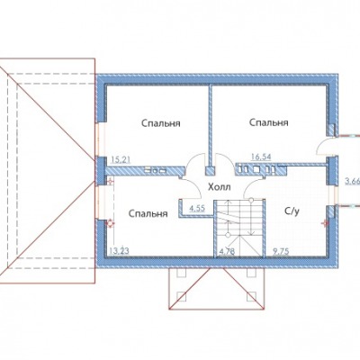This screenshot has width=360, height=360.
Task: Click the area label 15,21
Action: click(x=121, y=160)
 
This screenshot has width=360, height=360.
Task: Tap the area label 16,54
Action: click(x=261, y=156)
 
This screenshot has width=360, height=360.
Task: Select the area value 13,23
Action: click(x=119, y=251)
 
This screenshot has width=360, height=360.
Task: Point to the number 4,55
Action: click(x=197, y=208)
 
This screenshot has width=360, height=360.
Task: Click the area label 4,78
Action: click(x=227, y=251)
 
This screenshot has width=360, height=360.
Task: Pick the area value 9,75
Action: click(x=281, y=251)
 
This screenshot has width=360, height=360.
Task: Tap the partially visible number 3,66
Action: click(x=353, y=181)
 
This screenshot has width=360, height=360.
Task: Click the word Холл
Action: click(x=220, y=187)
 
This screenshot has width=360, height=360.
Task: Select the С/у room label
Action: click(x=292, y=211)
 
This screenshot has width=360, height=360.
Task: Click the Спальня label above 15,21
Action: click(x=161, y=123)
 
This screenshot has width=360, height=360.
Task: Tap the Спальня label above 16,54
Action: click(x=269, y=122)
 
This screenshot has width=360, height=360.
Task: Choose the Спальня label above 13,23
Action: click(x=148, y=213)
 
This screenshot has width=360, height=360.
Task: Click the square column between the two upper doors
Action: click(x=210, y=171)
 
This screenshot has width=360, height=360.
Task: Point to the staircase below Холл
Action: click(x=239, y=229)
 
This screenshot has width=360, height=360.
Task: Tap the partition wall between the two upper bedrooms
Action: click(x=210, y=126)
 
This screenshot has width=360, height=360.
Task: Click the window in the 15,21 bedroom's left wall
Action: click(x=102, y=139)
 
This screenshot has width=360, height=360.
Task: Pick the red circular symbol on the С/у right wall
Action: click(x=324, y=223)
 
